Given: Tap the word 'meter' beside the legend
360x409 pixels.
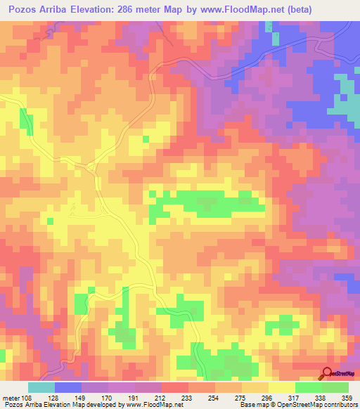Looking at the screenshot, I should click(11, 397).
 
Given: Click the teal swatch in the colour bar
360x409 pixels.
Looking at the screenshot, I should click(41, 387).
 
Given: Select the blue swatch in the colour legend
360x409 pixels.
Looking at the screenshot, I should click(68, 387).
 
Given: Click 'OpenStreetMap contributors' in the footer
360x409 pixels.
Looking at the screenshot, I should click(317, 405).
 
